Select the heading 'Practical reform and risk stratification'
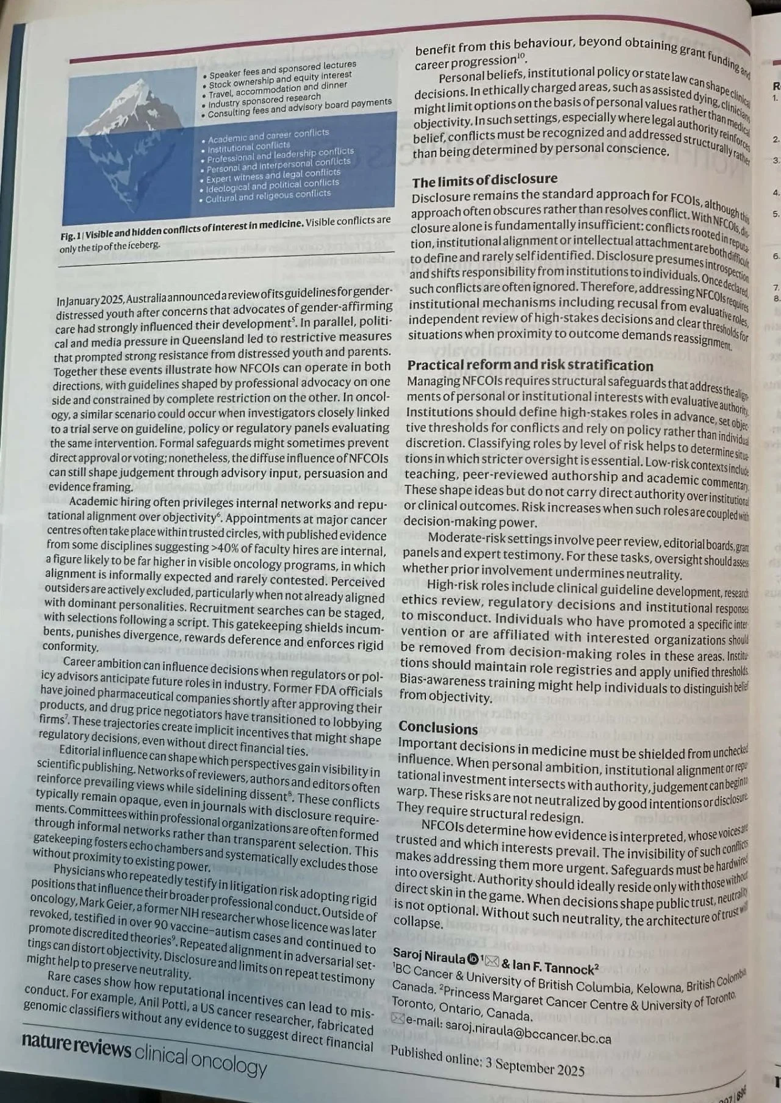pos(530,366)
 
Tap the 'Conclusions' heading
pos(438,728)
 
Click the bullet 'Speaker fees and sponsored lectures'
pos(283,69)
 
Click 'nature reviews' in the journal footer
pos(76,1046)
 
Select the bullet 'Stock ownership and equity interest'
pos(280,79)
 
